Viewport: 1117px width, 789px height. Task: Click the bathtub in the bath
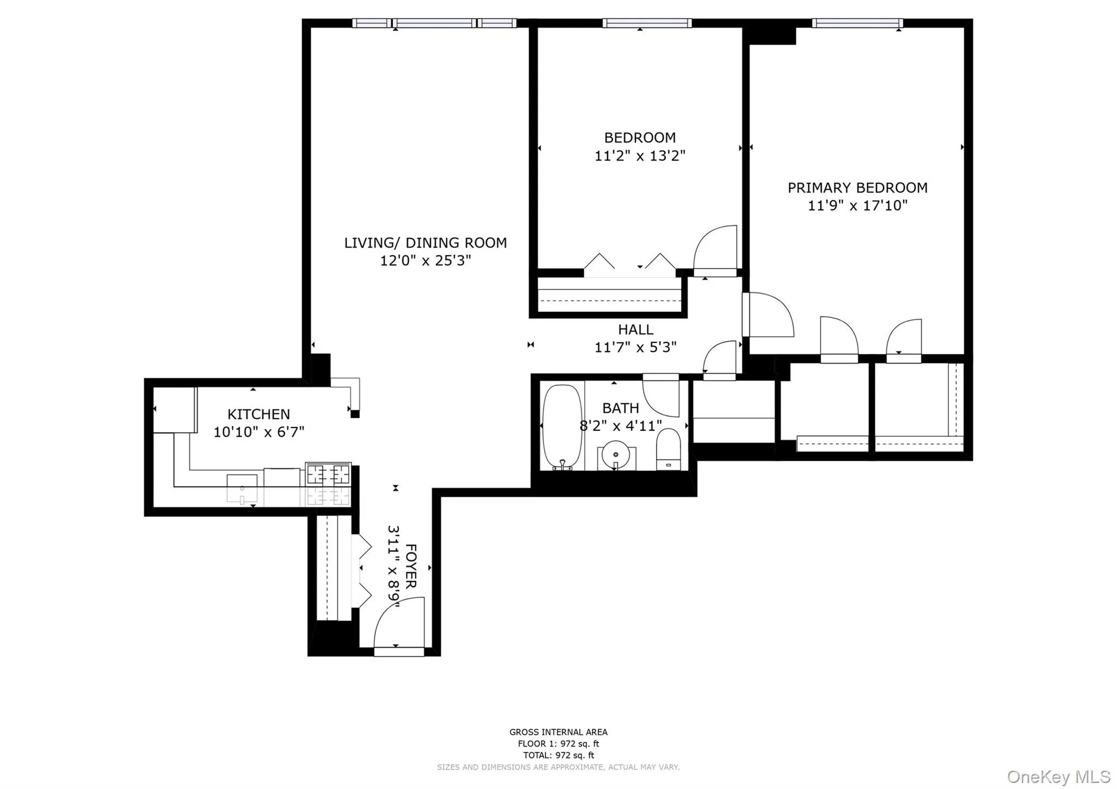pyautogui.click(x=562, y=427)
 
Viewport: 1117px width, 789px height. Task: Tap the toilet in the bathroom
pyautogui.click(x=668, y=449)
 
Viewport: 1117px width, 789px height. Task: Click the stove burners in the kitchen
pyautogui.click(x=328, y=474)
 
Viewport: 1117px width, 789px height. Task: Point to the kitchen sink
pyautogui.click(x=242, y=487)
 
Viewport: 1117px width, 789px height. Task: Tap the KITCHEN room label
pyautogui.click(x=259, y=414)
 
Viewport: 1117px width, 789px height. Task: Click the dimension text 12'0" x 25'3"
pyautogui.click(x=425, y=261)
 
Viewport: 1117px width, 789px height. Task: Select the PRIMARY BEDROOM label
pyautogui.click(x=857, y=188)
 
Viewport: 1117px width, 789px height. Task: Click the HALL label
pyautogui.click(x=635, y=329)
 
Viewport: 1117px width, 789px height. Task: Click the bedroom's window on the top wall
pyautogui.click(x=647, y=23)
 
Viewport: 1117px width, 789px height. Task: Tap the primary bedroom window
pyautogui.click(x=857, y=23)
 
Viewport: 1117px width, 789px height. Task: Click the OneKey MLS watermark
pyautogui.click(x=1059, y=776)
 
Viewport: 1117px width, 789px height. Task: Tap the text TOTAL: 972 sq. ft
pyautogui.click(x=558, y=755)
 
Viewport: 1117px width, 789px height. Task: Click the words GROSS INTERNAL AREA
pyautogui.click(x=558, y=732)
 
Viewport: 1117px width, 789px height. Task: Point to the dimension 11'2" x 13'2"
pyautogui.click(x=639, y=156)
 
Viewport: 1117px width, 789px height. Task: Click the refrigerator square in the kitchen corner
pyautogui.click(x=174, y=409)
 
